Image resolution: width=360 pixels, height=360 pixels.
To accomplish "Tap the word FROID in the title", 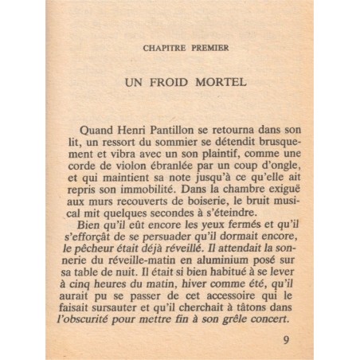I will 174,81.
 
